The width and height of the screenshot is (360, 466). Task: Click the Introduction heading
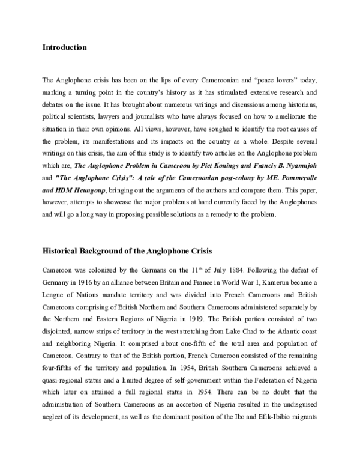[64, 47]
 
